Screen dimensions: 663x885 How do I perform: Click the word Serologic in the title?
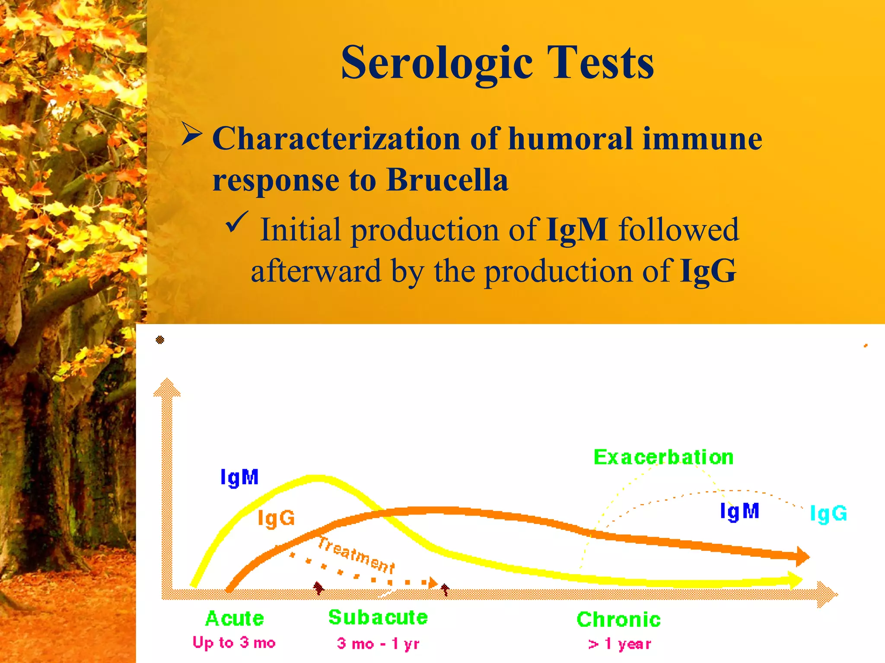pos(436,63)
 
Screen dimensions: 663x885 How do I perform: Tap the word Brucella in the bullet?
pos(447,180)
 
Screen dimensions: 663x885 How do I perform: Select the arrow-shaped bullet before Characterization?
pos(191,134)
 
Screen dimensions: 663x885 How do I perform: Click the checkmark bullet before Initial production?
pos(237,222)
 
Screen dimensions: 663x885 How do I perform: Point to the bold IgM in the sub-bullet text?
pos(577,230)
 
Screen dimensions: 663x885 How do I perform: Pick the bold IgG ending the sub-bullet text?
pos(708,271)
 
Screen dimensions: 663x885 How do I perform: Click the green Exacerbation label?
pos(663,457)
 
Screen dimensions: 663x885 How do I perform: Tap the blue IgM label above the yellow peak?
pos(239,478)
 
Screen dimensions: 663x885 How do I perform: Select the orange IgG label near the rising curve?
pos(276,518)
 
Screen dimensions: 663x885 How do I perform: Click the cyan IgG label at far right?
pos(828,514)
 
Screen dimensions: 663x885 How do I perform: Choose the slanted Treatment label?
pos(356,555)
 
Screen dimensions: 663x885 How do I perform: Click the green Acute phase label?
pos(235,619)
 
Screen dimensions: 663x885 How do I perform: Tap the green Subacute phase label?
pos(378,617)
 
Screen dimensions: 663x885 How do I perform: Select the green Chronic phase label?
pos(618,619)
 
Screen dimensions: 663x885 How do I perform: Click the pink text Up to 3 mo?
pos(234,643)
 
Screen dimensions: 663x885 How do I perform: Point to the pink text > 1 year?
pos(619,644)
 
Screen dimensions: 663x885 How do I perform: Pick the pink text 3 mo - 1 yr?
pos(378,644)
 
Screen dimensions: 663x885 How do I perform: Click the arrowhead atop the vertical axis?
pos(167,387)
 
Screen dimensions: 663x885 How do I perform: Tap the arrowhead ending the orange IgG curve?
pos(802,556)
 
